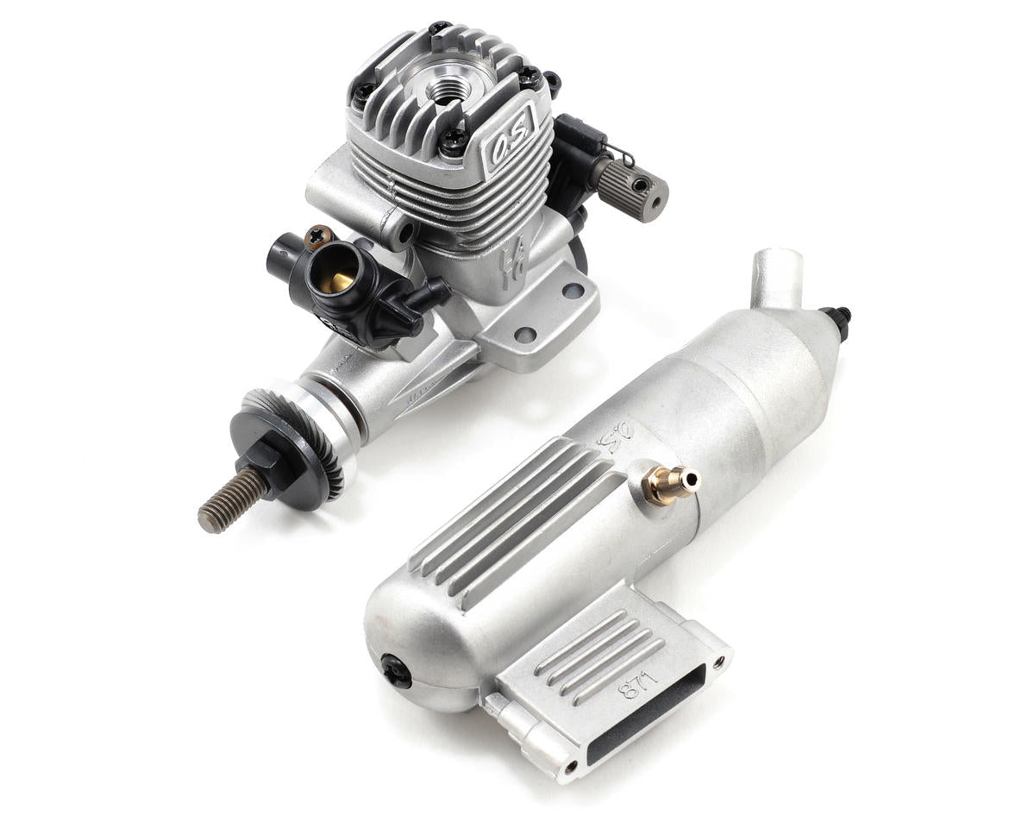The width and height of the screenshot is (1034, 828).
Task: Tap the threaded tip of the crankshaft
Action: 226,502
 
